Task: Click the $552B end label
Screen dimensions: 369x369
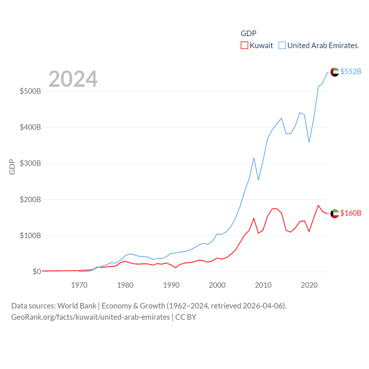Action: pyautogui.click(x=351, y=71)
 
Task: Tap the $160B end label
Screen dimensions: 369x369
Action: pyautogui.click(x=351, y=213)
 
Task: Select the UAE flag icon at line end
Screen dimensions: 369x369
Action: pyautogui.click(x=335, y=72)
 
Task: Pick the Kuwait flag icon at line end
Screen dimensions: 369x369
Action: pyautogui.click(x=335, y=214)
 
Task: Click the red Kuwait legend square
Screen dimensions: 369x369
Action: pyautogui.click(x=244, y=46)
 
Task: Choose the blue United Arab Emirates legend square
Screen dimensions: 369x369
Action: pyautogui.click(x=282, y=46)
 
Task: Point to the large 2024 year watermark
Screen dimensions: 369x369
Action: pyautogui.click(x=73, y=79)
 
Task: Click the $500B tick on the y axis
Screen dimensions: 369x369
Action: pyautogui.click(x=30, y=91)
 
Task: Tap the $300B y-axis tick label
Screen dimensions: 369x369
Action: pyautogui.click(x=30, y=163)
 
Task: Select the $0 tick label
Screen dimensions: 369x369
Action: pyautogui.click(x=37, y=272)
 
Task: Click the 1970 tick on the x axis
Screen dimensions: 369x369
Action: pyautogui.click(x=79, y=285)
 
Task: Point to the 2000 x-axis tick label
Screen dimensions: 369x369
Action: pyautogui.click(x=217, y=285)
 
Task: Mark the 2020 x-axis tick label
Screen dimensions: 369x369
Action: pyautogui.click(x=309, y=285)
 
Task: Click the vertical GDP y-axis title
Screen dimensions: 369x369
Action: pyautogui.click(x=12, y=167)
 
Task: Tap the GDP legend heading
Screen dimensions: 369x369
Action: pyautogui.click(x=248, y=33)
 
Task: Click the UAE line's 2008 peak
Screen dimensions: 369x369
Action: pyautogui.click(x=254, y=158)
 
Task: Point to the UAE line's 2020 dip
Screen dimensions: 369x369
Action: pyautogui.click(x=309, y=142)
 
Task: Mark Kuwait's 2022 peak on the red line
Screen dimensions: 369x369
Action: pyautogui.click(x=318, y=206)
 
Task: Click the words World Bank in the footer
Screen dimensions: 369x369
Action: pyautogui.click(x=77, y=306)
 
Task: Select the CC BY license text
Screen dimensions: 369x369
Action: pyautogui.click(x=186, y=317)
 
